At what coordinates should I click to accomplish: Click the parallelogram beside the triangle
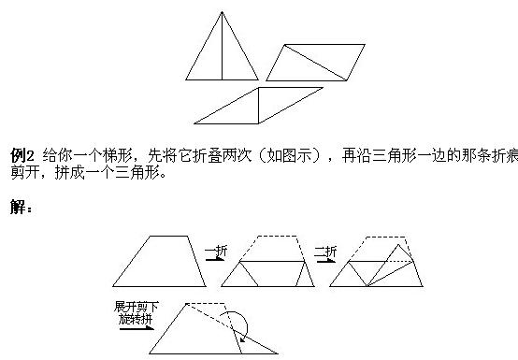[x=316, y=63]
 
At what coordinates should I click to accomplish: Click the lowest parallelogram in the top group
[x=259, y=106]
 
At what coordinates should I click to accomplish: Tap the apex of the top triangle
[x=222, y=12]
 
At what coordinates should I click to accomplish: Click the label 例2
[x=22, y=153]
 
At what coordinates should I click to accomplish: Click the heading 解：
[x=22, y=207]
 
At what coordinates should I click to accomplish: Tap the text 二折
[x=327, y=251]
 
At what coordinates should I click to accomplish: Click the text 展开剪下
[x=132, y=307]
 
